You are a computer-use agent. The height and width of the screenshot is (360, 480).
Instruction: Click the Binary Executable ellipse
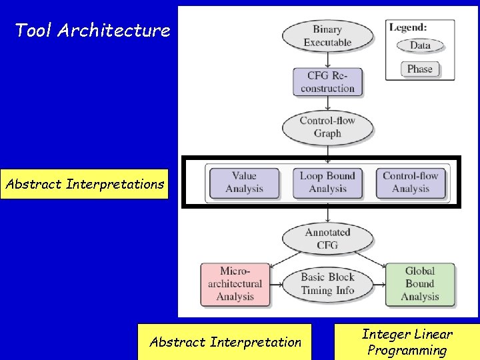(x=327, y=36)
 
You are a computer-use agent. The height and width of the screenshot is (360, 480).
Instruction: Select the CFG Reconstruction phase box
(x=327, y=81)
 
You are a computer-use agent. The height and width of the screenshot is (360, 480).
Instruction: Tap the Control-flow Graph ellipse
(x=327, y=127)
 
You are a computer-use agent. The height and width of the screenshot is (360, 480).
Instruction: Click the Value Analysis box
(x=244, y=182)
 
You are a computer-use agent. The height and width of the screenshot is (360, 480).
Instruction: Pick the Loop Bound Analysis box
(x=327, y=182)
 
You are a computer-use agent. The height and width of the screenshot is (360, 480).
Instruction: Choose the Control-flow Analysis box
(x=411, y=182)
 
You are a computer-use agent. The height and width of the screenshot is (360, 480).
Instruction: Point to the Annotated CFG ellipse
(x=327, y=239)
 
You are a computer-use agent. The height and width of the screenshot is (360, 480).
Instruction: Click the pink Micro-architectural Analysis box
(x=235, y=284)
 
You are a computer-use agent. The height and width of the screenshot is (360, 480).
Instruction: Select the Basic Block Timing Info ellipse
(x=327, y=284)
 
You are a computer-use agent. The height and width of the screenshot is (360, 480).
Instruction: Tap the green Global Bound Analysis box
(x=420, y=284)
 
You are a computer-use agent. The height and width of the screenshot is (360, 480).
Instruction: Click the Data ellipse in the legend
(x=420, y=45)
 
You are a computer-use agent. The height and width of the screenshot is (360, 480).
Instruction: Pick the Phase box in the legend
(x=420, y=69)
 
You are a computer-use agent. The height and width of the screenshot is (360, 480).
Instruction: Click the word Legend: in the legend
(x=409, y=28)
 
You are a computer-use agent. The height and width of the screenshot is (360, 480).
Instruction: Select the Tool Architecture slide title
(x=92, y=30)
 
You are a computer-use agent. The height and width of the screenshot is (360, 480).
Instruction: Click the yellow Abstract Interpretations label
(x=85, y=184)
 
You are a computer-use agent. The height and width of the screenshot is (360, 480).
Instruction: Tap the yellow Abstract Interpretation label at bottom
(x=225, y=342)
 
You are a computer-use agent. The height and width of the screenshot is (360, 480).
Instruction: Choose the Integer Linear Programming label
(x=407, y=342)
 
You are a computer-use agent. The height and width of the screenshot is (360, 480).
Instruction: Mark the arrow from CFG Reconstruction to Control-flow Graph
(x=327, y=103)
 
